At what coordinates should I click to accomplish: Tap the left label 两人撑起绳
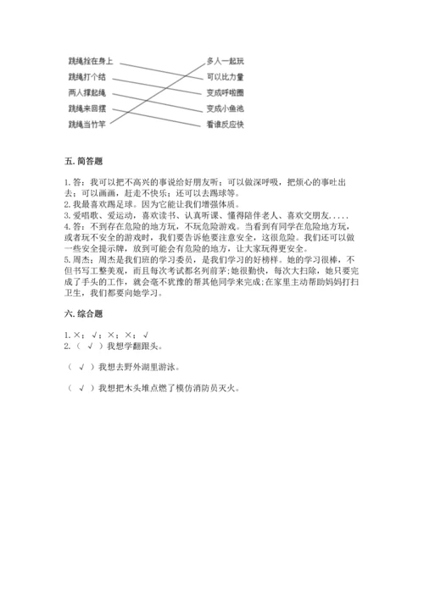[x=87, y=92]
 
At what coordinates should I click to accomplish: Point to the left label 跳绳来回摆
[x=87, y=108]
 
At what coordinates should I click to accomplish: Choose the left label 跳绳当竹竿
[x=87, y=124]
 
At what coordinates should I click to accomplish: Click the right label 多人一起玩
[x=225, y=61]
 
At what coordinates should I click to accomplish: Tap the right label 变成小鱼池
[x=225, y=108]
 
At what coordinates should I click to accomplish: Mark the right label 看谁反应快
[x=225, y=124]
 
